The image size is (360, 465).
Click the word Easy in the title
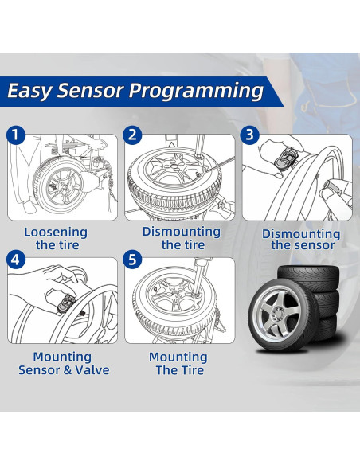point(31,91)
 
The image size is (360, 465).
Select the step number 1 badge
point(16,134)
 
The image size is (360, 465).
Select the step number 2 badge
point(134,134)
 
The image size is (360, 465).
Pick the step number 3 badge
point(250,134)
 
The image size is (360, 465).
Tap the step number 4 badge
point(16,260)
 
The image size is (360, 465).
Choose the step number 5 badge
point(134,260)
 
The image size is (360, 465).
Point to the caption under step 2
point(181,237)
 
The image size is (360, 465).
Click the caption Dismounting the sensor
point(302,239)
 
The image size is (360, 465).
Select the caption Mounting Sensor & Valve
point(64,363)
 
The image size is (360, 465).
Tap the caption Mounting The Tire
point(177,363)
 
